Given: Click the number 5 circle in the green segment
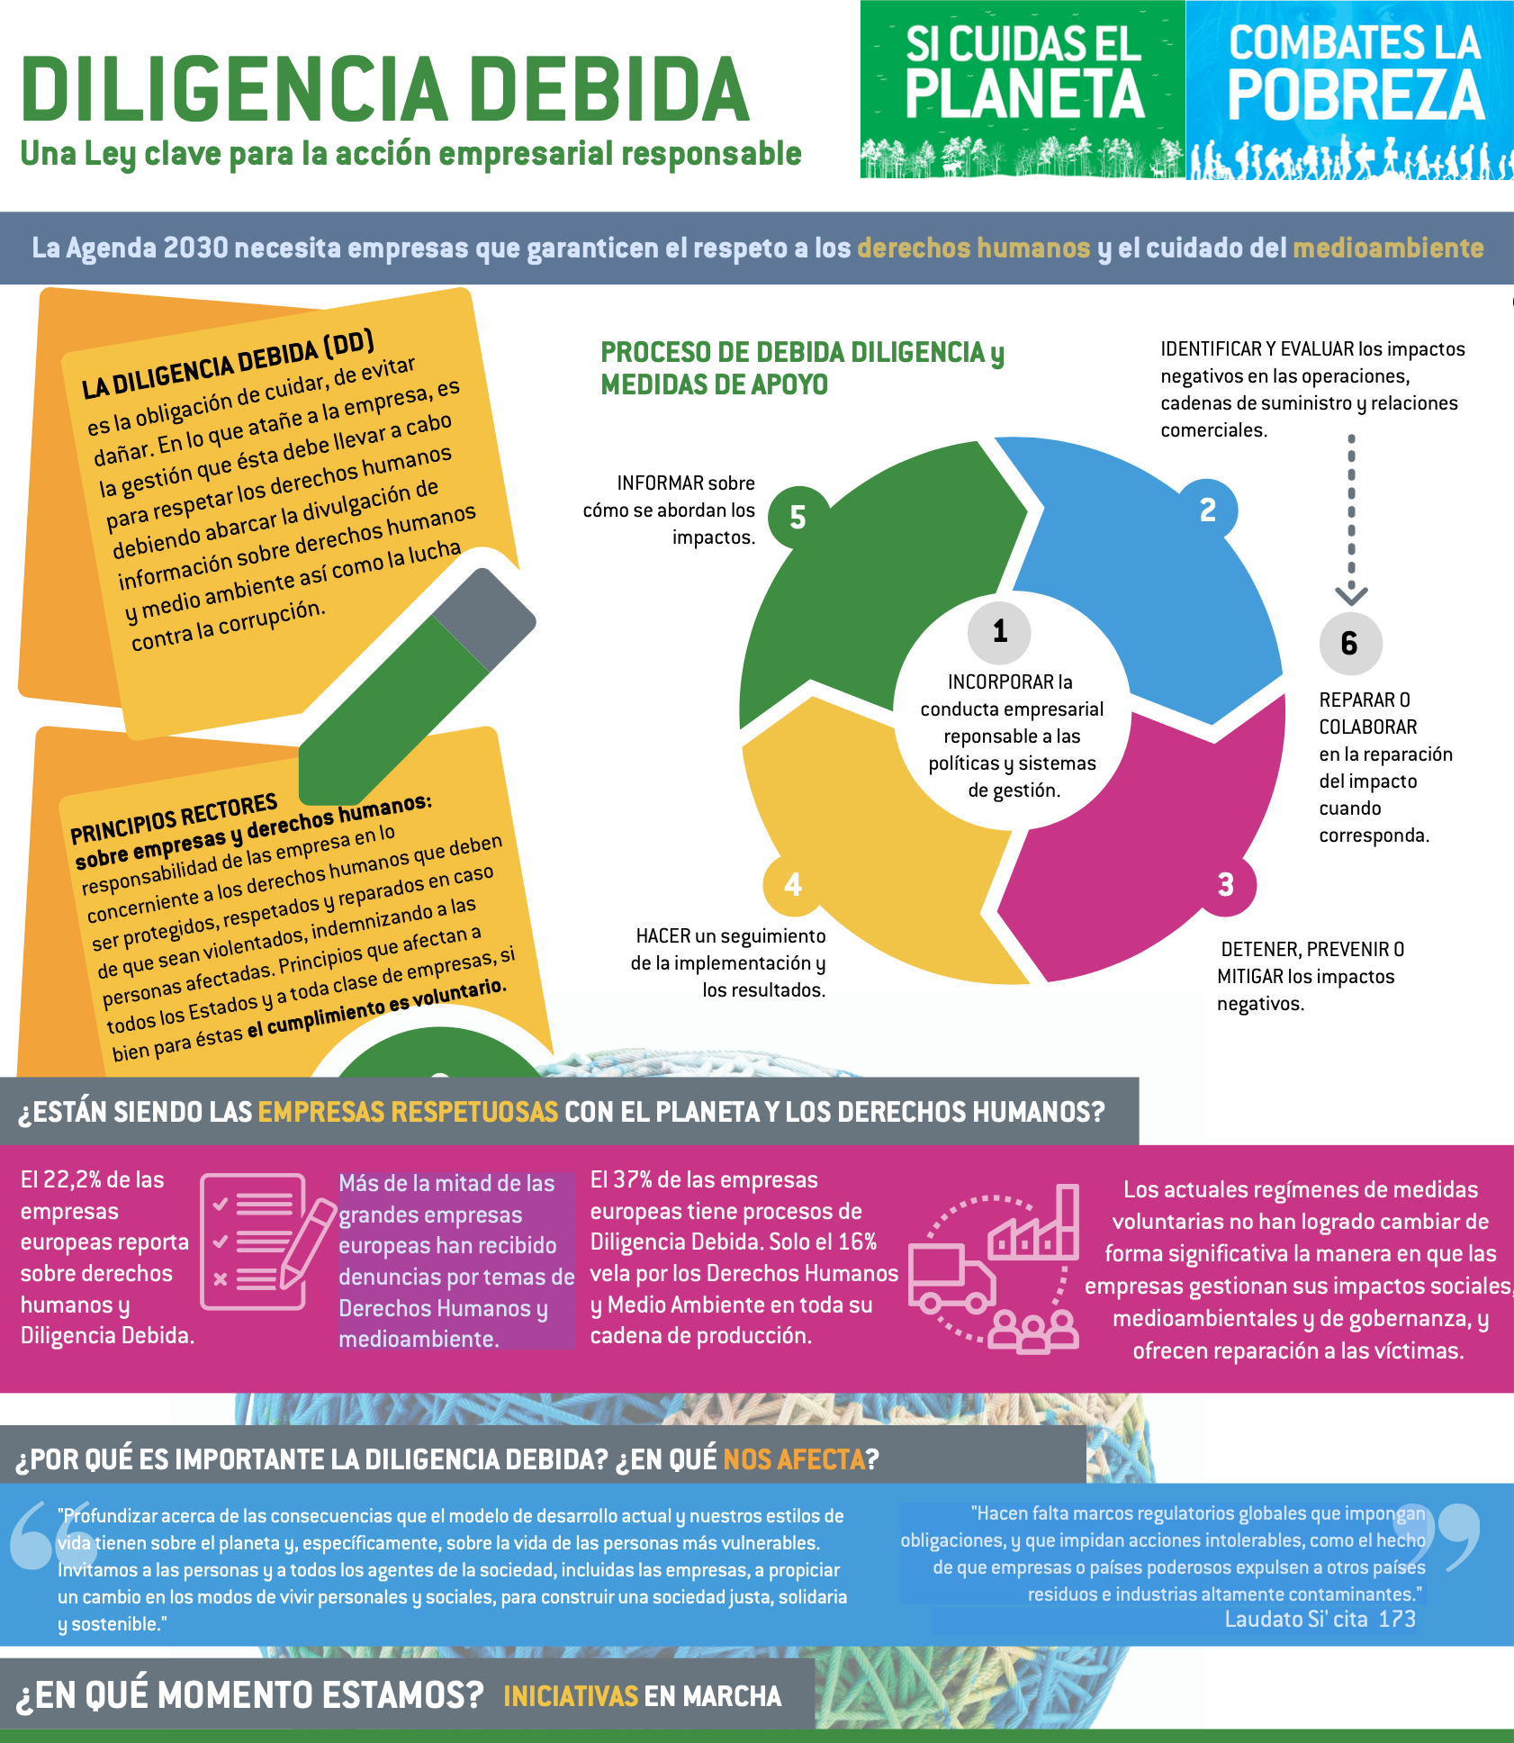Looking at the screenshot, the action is pyautogui.click(x=798, y=517).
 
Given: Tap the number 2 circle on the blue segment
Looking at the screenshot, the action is pyautogui.click(x=1208, y=510).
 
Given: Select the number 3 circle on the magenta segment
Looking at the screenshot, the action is pyautogui.click(x=1225, y=885).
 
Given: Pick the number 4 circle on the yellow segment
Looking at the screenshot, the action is pyautogui.click(x=793, y=885).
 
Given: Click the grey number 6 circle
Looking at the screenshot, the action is pyautogui.click(x=1350, y=644).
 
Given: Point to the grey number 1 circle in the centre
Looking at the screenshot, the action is pyautogui.click(x=999, y=631).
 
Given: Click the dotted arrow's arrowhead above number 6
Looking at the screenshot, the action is pyautogui.click(x=1351, y=595).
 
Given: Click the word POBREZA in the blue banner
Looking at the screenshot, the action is pyautogui.click(x=1356, y=95).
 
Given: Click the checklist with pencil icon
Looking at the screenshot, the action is pyautogui.click(x=266, y=1242).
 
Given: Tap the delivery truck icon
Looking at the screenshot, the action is pyautogui.click(x=951, y=1277).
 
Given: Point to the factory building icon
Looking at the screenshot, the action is pyautogui.click(x=1033, y=1223).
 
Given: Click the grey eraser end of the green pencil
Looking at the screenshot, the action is pyautogui.click(x=485, y=619).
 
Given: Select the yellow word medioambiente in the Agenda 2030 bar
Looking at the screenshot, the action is pyautogui.click(x=1388, y=248).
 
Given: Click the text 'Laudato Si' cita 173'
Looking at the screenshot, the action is pyautogui.click(x=1320, y=1619).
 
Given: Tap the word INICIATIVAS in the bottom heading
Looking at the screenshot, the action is pyautogui.click(x=571, y=1696).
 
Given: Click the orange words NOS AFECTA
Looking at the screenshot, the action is pyautogui.click(x=794, y=1459).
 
